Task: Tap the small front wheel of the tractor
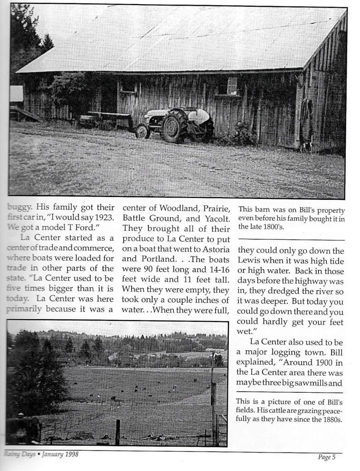[142, 131]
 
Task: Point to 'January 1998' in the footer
[60, 454]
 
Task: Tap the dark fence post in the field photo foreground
[118, 432]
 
